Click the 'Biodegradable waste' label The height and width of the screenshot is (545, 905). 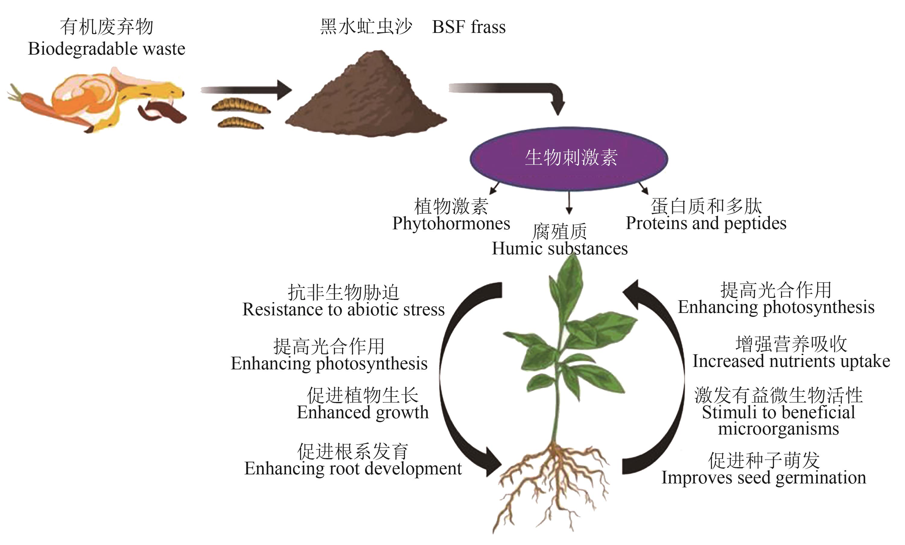[106, 49]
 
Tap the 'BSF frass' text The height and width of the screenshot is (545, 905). [469, 27]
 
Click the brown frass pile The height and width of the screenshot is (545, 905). [367, 99]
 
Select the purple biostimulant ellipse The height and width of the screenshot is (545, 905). [569, 158]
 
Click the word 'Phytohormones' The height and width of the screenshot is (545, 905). [451, 224]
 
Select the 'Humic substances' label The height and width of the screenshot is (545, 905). [560, 249]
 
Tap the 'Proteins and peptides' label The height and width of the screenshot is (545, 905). [706, 223]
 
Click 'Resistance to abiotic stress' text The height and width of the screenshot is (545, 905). [343, 309]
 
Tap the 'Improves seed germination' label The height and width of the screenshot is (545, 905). [764, 478]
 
